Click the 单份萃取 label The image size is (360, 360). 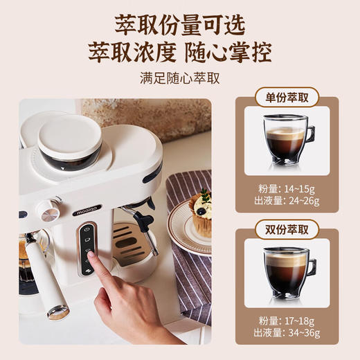(287, 98)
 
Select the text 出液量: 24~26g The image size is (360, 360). (287, 201)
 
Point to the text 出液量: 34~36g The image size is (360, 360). (287, 332)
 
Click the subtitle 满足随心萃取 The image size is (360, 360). (179, 78)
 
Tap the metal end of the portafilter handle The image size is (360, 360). (60, 314)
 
